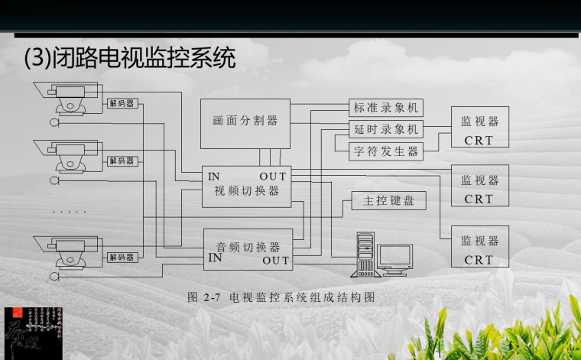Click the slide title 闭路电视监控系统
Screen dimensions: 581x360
130,58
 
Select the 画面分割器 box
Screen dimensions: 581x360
245,122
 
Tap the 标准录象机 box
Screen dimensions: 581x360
386,108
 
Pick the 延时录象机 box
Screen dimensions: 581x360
386,129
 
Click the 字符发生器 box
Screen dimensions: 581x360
386,151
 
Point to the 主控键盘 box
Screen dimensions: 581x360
388,201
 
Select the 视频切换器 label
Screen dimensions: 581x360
247,190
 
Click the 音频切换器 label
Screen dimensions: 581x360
248,247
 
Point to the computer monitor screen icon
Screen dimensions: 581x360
394,257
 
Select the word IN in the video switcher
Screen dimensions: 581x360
214,177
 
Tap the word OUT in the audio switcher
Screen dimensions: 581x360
276,261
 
